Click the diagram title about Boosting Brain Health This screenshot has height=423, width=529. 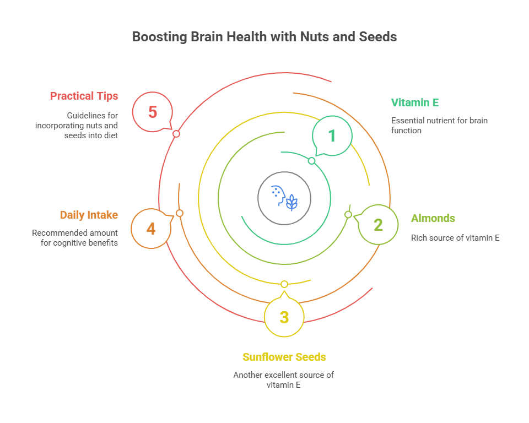[264, 37]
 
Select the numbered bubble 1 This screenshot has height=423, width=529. [332, 135]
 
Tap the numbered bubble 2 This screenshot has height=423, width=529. [378, 225]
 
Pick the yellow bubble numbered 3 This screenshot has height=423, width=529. [284, 317]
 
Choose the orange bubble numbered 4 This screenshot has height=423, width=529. [151, 228]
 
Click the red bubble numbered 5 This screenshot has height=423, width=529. [153, 112]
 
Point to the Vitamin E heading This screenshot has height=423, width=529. [414, 102]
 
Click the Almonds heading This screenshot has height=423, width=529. [433, 218]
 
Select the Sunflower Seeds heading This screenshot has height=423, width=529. [284, 357]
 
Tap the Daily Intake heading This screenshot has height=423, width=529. [89, 215]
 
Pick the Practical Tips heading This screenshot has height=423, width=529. [84, 96]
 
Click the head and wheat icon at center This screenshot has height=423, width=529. [284, 198]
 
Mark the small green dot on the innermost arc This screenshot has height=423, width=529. [311, 161]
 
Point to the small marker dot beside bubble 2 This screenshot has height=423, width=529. [348, 214]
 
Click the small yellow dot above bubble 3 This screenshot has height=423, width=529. [284, 284]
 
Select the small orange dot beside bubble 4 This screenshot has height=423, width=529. [179, 213]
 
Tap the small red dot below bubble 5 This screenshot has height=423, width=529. [176, 134]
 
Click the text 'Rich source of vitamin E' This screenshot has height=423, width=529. [455, 238]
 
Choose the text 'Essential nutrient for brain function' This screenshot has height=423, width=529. [439, 126]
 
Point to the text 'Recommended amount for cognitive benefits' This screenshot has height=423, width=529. [75, 237]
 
